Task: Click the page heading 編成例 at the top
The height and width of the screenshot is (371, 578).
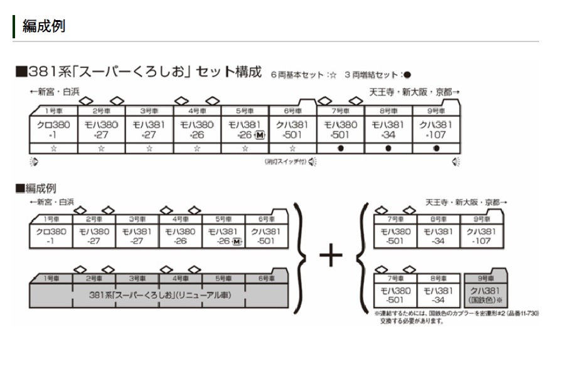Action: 43,26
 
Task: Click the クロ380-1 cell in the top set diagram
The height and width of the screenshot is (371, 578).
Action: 53,129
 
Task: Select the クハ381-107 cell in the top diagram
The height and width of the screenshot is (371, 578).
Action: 436,129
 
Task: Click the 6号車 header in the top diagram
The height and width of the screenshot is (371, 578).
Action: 292,110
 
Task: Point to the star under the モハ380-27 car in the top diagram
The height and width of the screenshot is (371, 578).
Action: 101,149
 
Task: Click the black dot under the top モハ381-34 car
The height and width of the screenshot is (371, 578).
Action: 388,149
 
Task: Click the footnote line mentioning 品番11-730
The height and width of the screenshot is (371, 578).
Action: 457,313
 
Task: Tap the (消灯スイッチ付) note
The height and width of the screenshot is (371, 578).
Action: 285,162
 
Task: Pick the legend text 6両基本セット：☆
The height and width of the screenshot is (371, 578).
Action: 304,74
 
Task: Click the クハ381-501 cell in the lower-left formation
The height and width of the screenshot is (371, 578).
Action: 266,235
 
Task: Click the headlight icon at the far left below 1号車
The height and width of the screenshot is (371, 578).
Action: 34,162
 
